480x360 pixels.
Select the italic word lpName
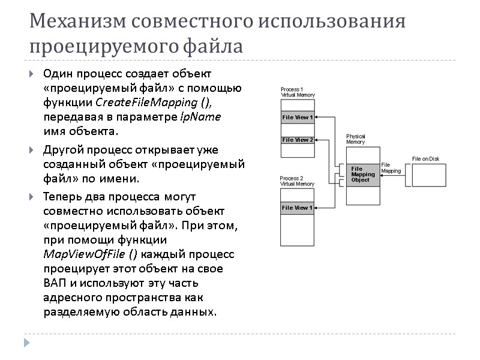tap(200, 116)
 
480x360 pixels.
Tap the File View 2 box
tap(298, 140)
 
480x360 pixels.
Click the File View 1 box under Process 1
tap(298, 118)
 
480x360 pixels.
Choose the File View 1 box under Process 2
tap(298, 208)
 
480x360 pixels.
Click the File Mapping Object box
tap(363, 175)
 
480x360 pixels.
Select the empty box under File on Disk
tap(430, 174)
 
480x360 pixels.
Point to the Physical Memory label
tap(356, 139)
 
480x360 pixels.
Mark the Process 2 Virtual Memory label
tap(298, 182)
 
